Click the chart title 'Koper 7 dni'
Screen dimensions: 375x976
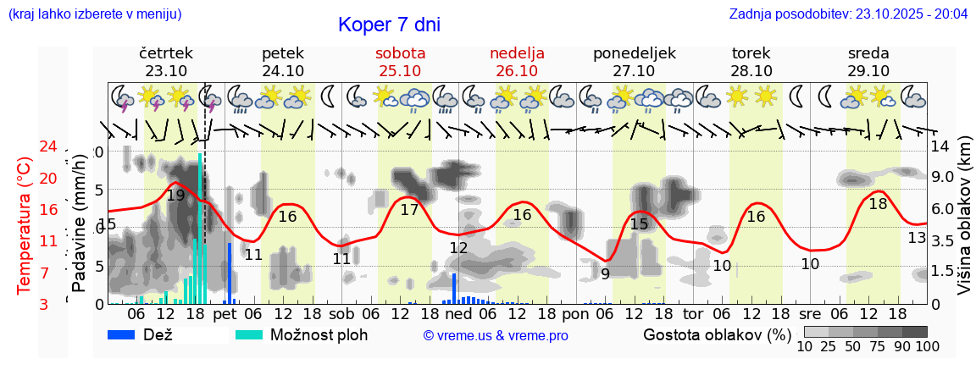[389, 25]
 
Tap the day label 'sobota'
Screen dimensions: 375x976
[400, 53]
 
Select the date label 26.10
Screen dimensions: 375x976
[517, 71]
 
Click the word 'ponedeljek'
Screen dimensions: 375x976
[635, 53]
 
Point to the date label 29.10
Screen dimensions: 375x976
[868, 71]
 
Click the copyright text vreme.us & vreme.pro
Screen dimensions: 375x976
[496, 336]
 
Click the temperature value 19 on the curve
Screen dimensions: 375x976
[175, 196]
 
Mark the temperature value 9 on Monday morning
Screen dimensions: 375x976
[605, 273]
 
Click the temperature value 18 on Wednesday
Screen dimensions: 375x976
[878, 204]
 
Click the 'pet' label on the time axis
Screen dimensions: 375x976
[225, 314]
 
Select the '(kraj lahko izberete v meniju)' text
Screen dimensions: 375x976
[94, 14]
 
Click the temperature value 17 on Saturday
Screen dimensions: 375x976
[409, 210]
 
